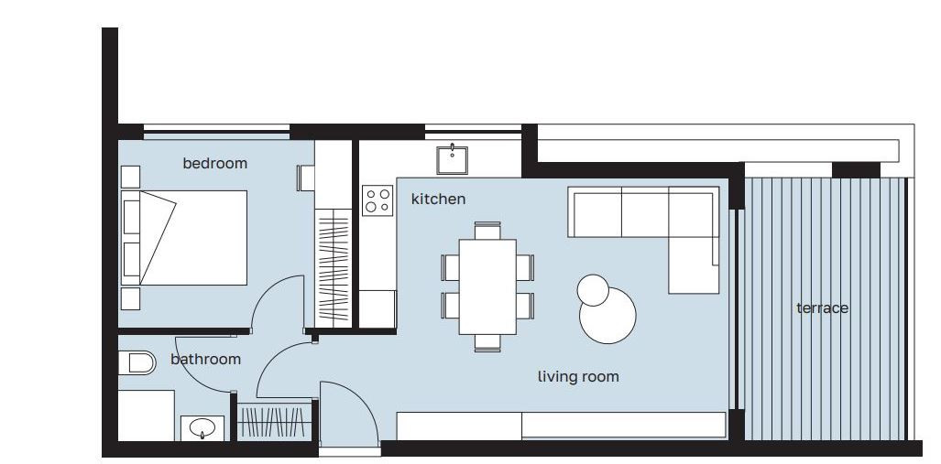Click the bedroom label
[214, 164]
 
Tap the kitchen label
[438, 199]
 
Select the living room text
[577, 376]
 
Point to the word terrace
[822, 308]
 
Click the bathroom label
[205, 359]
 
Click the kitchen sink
[452, 159]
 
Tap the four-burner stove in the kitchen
[377, 200]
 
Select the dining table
[487, 286]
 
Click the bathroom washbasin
[202, 427]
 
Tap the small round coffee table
[592, 290]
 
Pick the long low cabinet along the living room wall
[561, 426]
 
